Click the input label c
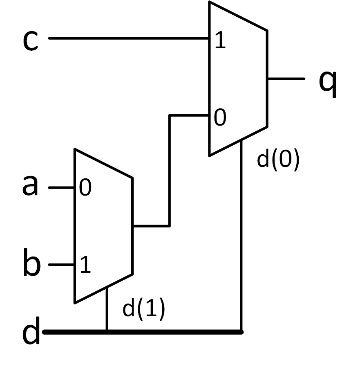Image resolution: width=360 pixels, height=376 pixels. pyautogui.click(x=30, y=41)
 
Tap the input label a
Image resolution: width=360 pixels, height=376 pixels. pyautogui.click(x=30, y=186)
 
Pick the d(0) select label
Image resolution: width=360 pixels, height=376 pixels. pyautogui.click(x=278, y=160)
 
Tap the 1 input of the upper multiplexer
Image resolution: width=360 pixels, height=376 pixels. pyautogui.click(x=220, y=42)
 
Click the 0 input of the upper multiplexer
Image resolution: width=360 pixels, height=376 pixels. pyautogui.click(x=220, y=118)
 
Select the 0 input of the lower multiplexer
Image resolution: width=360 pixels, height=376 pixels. pyautogui.click(x=85, y=189)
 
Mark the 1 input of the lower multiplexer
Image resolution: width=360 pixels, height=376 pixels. pyautogui.click(x=85, y=266)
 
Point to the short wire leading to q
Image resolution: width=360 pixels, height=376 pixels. pyautogui.click(x=286, y=79)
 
